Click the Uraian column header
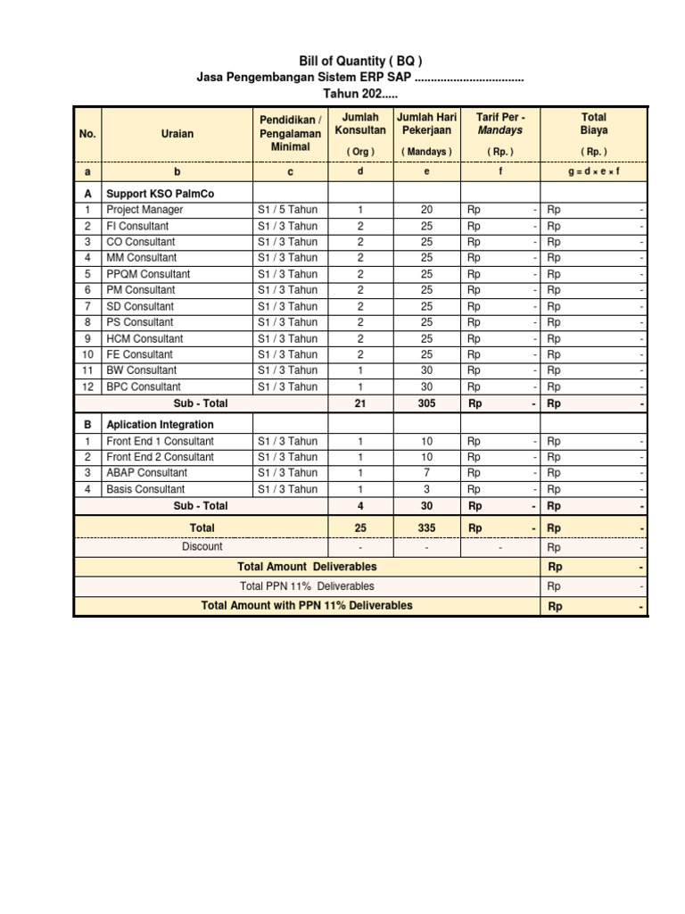coord(177,134)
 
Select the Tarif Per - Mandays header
coord(499,124)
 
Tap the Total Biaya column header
coord(593,124)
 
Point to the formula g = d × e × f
coord(593,171)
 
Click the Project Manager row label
coord(144,210)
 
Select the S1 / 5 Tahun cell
coord(287,210)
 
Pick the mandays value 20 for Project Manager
coord(426,210)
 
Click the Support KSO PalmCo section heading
coord(160,193)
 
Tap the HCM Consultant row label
coord(144,338)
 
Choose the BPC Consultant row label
coord(143,386)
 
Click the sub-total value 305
coord(426,403)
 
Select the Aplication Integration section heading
coord(160,425)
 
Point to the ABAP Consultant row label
coord(146,473)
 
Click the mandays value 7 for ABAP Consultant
coord(426,473)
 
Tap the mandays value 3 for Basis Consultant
coord(426,489)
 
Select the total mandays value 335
coord(426,528)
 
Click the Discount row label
coord(202,546)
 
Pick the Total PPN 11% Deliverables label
coord(307,586)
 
